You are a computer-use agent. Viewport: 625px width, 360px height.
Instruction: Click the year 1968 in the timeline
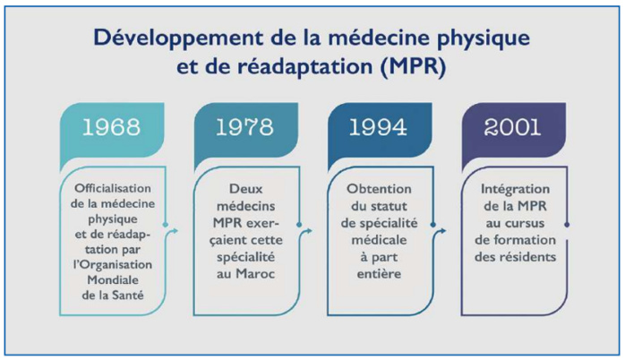coord(111,126)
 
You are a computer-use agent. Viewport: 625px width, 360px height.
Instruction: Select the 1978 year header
coord(244,126)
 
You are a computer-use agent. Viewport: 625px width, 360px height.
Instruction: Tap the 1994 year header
coord(378,126)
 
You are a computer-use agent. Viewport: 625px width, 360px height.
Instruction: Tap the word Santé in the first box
coord(132,293)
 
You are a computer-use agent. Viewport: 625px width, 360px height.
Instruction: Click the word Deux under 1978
coord(247,189)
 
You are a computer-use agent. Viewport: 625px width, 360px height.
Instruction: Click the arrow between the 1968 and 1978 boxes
coord(175,231)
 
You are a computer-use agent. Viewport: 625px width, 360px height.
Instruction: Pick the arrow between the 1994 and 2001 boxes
coord(441,231)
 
